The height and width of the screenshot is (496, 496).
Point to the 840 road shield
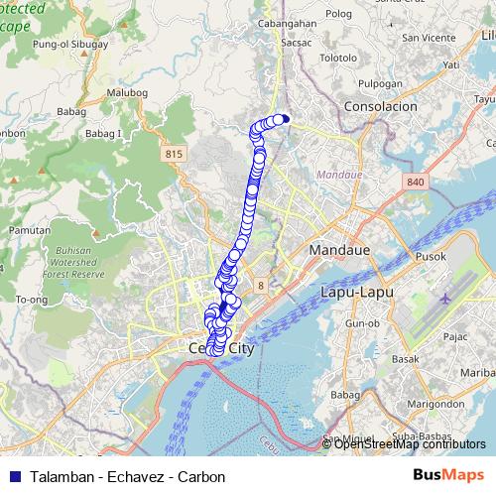414,183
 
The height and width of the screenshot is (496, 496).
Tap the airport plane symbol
443,296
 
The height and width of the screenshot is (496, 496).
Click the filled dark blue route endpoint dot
286,119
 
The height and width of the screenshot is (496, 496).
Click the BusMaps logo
449,476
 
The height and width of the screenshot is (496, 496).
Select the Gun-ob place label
362,324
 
